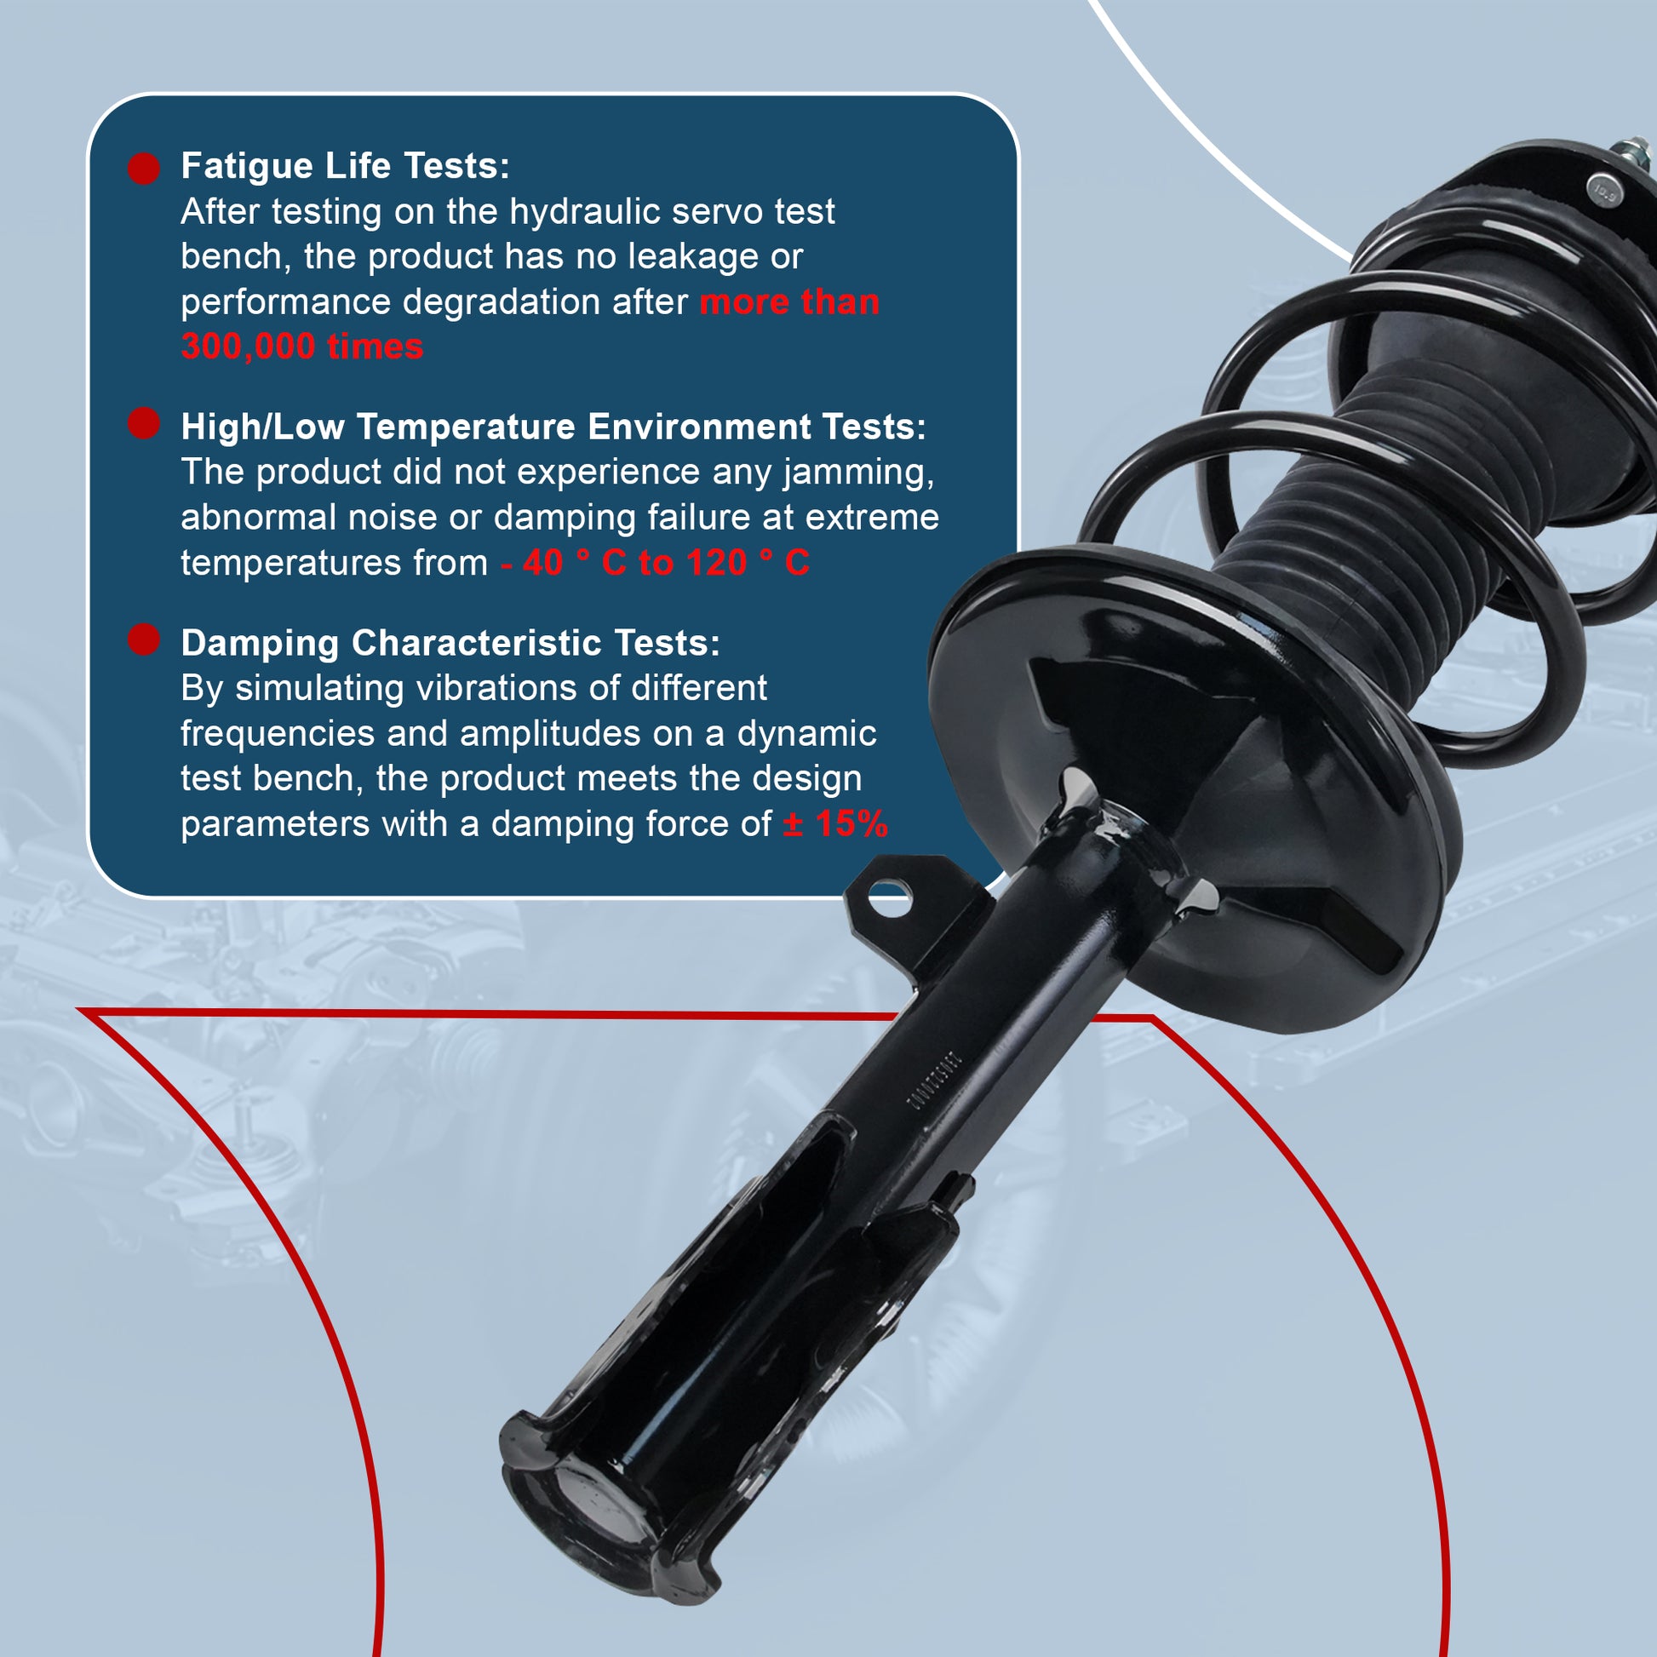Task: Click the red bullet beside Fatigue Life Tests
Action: pos(144,168)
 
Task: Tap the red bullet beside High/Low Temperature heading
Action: pos(144,423)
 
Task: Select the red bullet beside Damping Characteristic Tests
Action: pos(144,639)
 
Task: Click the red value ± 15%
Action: pos(835,824)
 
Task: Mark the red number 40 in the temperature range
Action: pos(542,564)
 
